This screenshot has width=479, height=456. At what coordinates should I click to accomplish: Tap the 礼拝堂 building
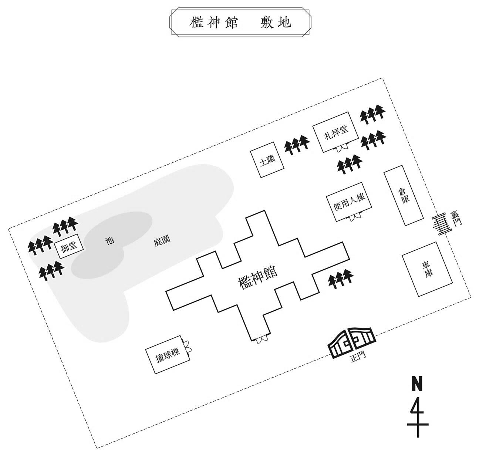(x=335, y=132)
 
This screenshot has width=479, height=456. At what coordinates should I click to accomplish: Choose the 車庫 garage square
(x=427, y=269)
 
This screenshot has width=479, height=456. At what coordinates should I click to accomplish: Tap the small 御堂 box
(x=69, y=246)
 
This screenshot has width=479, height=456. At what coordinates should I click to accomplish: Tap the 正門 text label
(x=358, y=358)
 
